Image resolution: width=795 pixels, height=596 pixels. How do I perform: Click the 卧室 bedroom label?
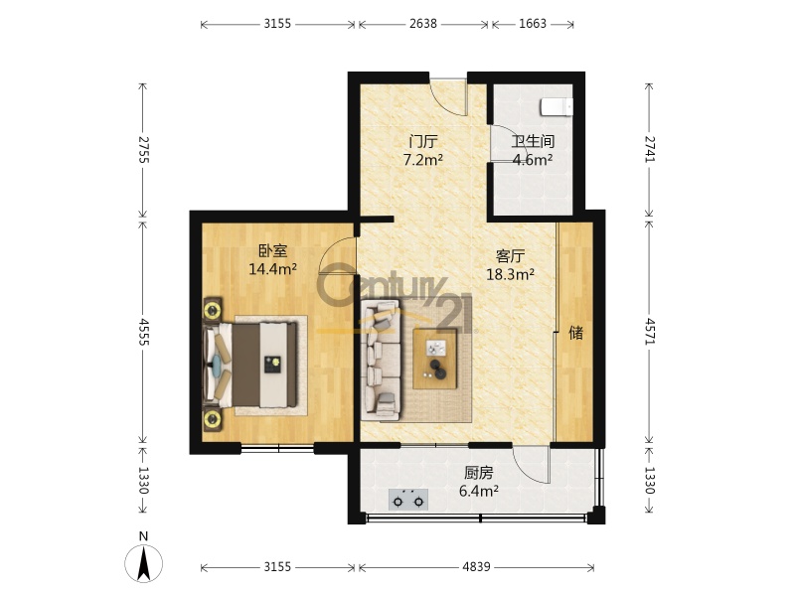pos(272,251)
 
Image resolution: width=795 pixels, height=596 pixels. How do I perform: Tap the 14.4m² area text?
pos(272,268)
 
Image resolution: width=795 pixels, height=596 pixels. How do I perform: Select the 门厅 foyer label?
pos(423,141)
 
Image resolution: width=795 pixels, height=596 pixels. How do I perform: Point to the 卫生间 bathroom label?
pos(533,141)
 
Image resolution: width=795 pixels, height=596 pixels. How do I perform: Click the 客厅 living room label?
pos(510,256)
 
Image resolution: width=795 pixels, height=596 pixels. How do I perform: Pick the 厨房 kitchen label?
pos(478,473)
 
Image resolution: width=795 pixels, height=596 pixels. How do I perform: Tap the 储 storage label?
pos(575,333)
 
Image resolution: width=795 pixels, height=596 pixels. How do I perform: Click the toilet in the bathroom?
pos(556,107)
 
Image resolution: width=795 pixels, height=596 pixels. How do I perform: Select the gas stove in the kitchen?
pos(408,500)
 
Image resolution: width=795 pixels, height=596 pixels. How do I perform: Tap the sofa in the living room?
pos(381,361)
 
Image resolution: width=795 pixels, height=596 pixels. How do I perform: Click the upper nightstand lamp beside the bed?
pos(213,309)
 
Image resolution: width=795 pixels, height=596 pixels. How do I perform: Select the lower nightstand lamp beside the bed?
pos(213,419)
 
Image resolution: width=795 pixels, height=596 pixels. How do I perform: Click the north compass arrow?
pos(144,563)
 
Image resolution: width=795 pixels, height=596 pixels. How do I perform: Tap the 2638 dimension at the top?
pos(423,24)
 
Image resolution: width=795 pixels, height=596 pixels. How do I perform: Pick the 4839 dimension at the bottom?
pos(476,566)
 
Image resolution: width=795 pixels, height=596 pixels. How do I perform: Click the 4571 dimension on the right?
pos(650,332)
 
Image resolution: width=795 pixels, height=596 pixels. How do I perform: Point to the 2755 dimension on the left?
pos(143,150)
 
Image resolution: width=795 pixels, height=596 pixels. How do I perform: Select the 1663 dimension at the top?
pos(533,24)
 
